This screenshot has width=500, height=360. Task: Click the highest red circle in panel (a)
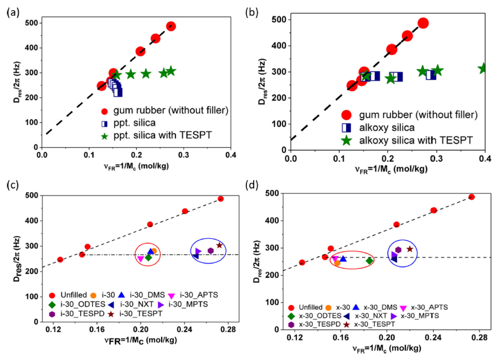pyautogui.click(x=171, y=26)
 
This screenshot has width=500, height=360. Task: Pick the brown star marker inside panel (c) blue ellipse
pyautogui.click(x=220, y=245)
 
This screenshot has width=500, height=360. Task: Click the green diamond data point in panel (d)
pyautogui.click(x=369, y=261)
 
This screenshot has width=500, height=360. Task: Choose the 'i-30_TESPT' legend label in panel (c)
pyautogui.click(x=159, y=314)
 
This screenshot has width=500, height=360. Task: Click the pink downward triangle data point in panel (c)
pyautogui.click(x=140, y=259)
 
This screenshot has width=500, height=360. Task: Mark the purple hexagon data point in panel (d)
pyautogui.click(x=398, y=250)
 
